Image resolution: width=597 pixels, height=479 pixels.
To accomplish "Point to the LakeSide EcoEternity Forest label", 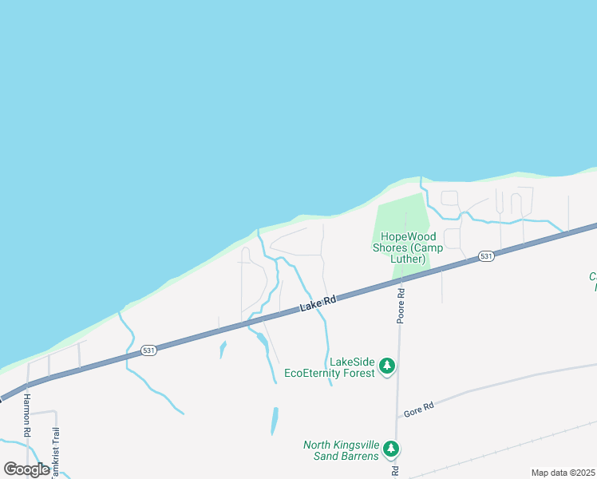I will [x=330, y=367].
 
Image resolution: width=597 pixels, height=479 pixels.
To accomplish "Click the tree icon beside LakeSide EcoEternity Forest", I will [x=387, y=366].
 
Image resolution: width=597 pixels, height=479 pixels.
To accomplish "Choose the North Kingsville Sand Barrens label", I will [x=341, y=450].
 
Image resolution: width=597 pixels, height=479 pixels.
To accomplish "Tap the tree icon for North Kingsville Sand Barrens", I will [x=391, y=449].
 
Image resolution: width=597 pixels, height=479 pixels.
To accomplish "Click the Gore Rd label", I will [x=418, y=407].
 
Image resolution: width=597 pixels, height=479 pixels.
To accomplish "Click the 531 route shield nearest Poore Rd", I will [x=486, y=256].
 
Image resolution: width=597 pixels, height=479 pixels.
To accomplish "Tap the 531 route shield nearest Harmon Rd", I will [x=147, y=350].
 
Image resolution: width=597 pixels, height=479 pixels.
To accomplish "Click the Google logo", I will [x=26, y=469].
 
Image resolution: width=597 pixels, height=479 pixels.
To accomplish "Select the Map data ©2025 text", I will [x=562, y=473].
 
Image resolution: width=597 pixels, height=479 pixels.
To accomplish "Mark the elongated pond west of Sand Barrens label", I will [x=275, y=421].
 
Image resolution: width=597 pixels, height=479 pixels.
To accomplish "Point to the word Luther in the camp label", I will [x=408, y=259].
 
